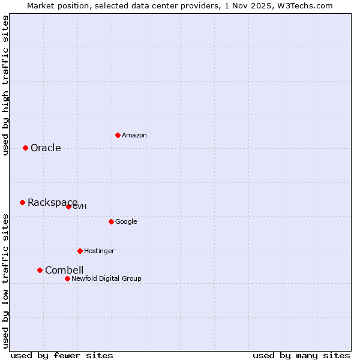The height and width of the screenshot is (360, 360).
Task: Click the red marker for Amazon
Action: point(118,135)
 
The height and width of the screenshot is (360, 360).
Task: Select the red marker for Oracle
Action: point(25,148)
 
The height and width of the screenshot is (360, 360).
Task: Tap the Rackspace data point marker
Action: point(22,202)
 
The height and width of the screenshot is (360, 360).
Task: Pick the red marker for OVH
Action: point(68,206)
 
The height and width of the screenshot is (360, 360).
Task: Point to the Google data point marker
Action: point(111,221)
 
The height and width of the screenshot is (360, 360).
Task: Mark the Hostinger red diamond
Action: point(80,251)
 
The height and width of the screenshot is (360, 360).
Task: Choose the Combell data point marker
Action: point(40,270)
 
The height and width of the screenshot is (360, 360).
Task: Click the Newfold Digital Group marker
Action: point(67,278)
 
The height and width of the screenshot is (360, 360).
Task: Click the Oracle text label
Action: point(46,148)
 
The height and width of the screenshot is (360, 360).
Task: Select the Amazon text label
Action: point(134,136)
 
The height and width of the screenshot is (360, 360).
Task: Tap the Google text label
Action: point(126,222)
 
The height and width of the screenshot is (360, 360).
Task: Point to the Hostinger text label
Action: point(99,251)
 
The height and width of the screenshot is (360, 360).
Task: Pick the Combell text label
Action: point(64,271)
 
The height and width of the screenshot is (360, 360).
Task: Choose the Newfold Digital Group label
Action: point(106,279)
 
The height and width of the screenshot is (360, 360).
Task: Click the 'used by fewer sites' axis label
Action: point(62,356)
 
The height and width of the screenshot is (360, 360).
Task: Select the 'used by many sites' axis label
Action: point(301,356)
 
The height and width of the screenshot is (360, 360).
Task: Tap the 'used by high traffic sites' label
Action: point(6,85)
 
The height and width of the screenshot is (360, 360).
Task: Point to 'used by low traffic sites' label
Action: point(6,281)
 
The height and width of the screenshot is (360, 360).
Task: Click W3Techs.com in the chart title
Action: point(307,6)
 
